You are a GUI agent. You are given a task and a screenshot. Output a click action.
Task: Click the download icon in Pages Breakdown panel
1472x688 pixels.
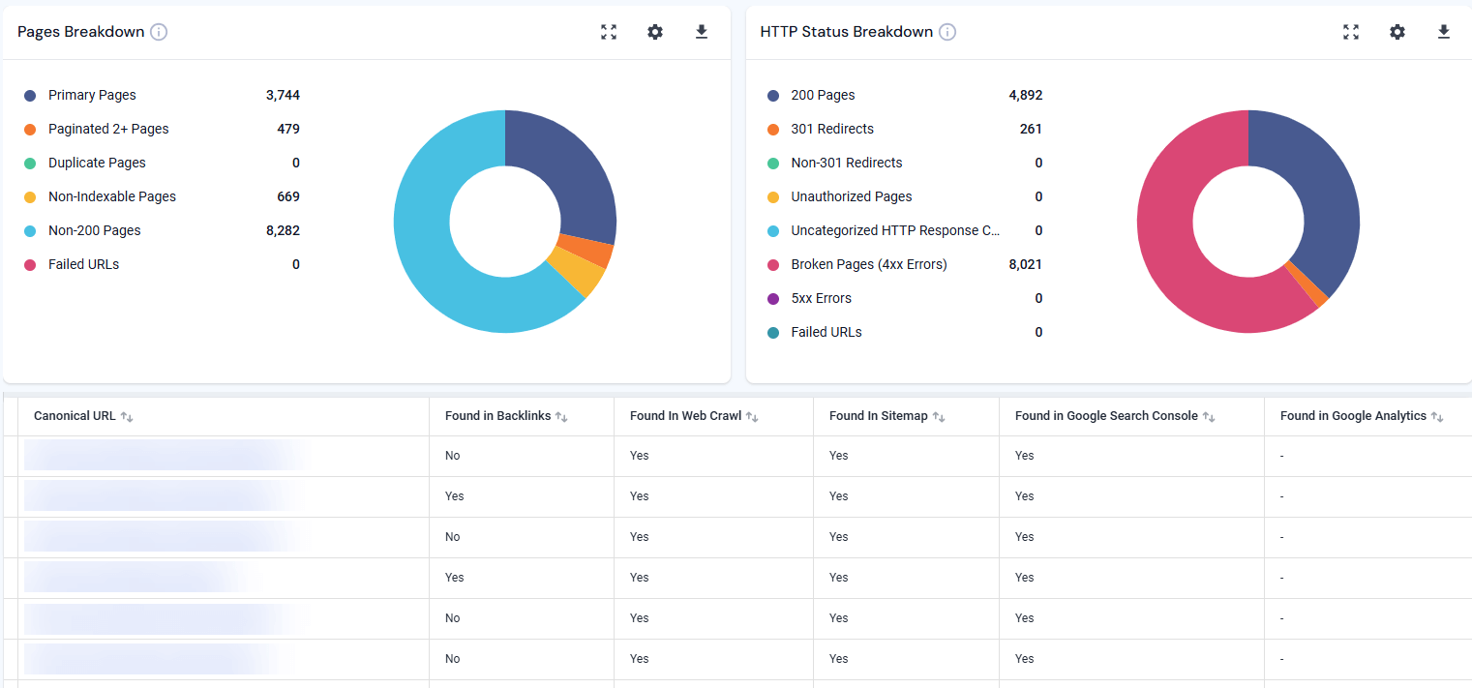(x=702, y=32)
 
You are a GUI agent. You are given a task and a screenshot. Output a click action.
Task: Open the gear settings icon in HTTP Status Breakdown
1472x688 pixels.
(x=1397, y=32)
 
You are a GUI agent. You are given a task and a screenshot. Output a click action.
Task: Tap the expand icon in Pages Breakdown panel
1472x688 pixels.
(x=608, y=32)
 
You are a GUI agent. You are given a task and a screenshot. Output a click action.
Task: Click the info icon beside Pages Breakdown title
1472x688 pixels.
(x=159, y=32)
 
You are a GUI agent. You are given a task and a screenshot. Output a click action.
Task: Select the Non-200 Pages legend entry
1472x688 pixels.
(x=94, y=230)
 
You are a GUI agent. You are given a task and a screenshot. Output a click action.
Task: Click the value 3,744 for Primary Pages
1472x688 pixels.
(x=283, y=95)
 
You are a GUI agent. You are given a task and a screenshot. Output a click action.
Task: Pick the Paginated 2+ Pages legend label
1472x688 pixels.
(x=108, y=129)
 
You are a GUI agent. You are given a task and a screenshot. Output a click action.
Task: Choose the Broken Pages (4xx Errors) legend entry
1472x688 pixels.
(x=867, y=264)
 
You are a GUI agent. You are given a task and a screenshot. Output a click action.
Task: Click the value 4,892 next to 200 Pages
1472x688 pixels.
(x=1025, y=95)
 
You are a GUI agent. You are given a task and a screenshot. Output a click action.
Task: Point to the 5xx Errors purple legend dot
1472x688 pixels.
(x=772, y=298)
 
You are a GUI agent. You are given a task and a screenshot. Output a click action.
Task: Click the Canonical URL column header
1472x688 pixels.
(x=75, y=416)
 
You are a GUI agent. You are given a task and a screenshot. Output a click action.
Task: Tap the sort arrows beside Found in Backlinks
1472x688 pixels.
(x=561, y=417)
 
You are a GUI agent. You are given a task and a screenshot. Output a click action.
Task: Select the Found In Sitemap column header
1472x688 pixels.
(x=878, y=416)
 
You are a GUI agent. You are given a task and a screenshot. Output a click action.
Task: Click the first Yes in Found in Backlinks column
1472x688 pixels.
(x=454, y=496)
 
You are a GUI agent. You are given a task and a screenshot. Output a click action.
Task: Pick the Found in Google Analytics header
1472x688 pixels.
(x=1353, y=416)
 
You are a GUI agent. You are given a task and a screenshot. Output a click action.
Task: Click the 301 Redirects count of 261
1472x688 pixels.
(x=1030, y=129)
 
